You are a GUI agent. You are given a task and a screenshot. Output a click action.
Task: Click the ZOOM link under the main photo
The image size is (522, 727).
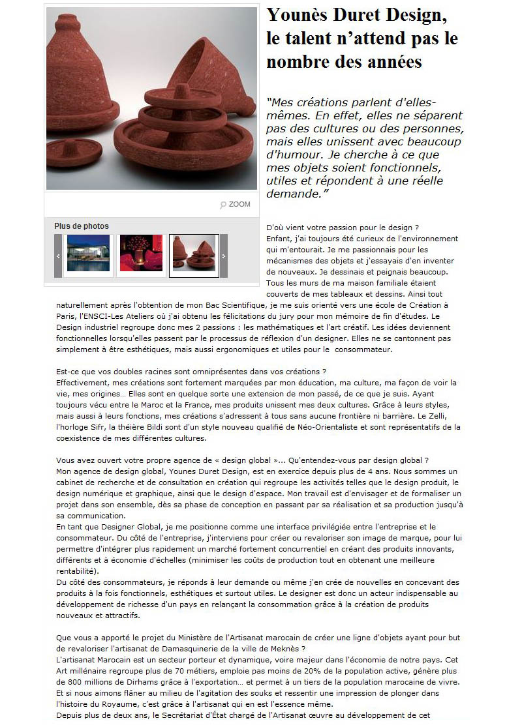(x=239, y=204)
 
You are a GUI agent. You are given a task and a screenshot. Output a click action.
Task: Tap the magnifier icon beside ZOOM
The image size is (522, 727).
(x=223, y=205)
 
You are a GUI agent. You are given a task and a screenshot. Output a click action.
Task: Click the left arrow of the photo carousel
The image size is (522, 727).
(x=58, y=256)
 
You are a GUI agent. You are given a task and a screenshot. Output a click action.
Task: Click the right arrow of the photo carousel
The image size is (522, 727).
(x=224, y=256)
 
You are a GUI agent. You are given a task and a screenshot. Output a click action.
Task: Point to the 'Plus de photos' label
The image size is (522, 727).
(x=82, y=226)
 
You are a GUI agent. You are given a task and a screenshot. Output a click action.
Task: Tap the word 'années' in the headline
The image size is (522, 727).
(x=391, y=62)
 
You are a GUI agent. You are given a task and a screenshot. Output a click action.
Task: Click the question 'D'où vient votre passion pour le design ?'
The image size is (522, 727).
(x=343, y=228)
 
